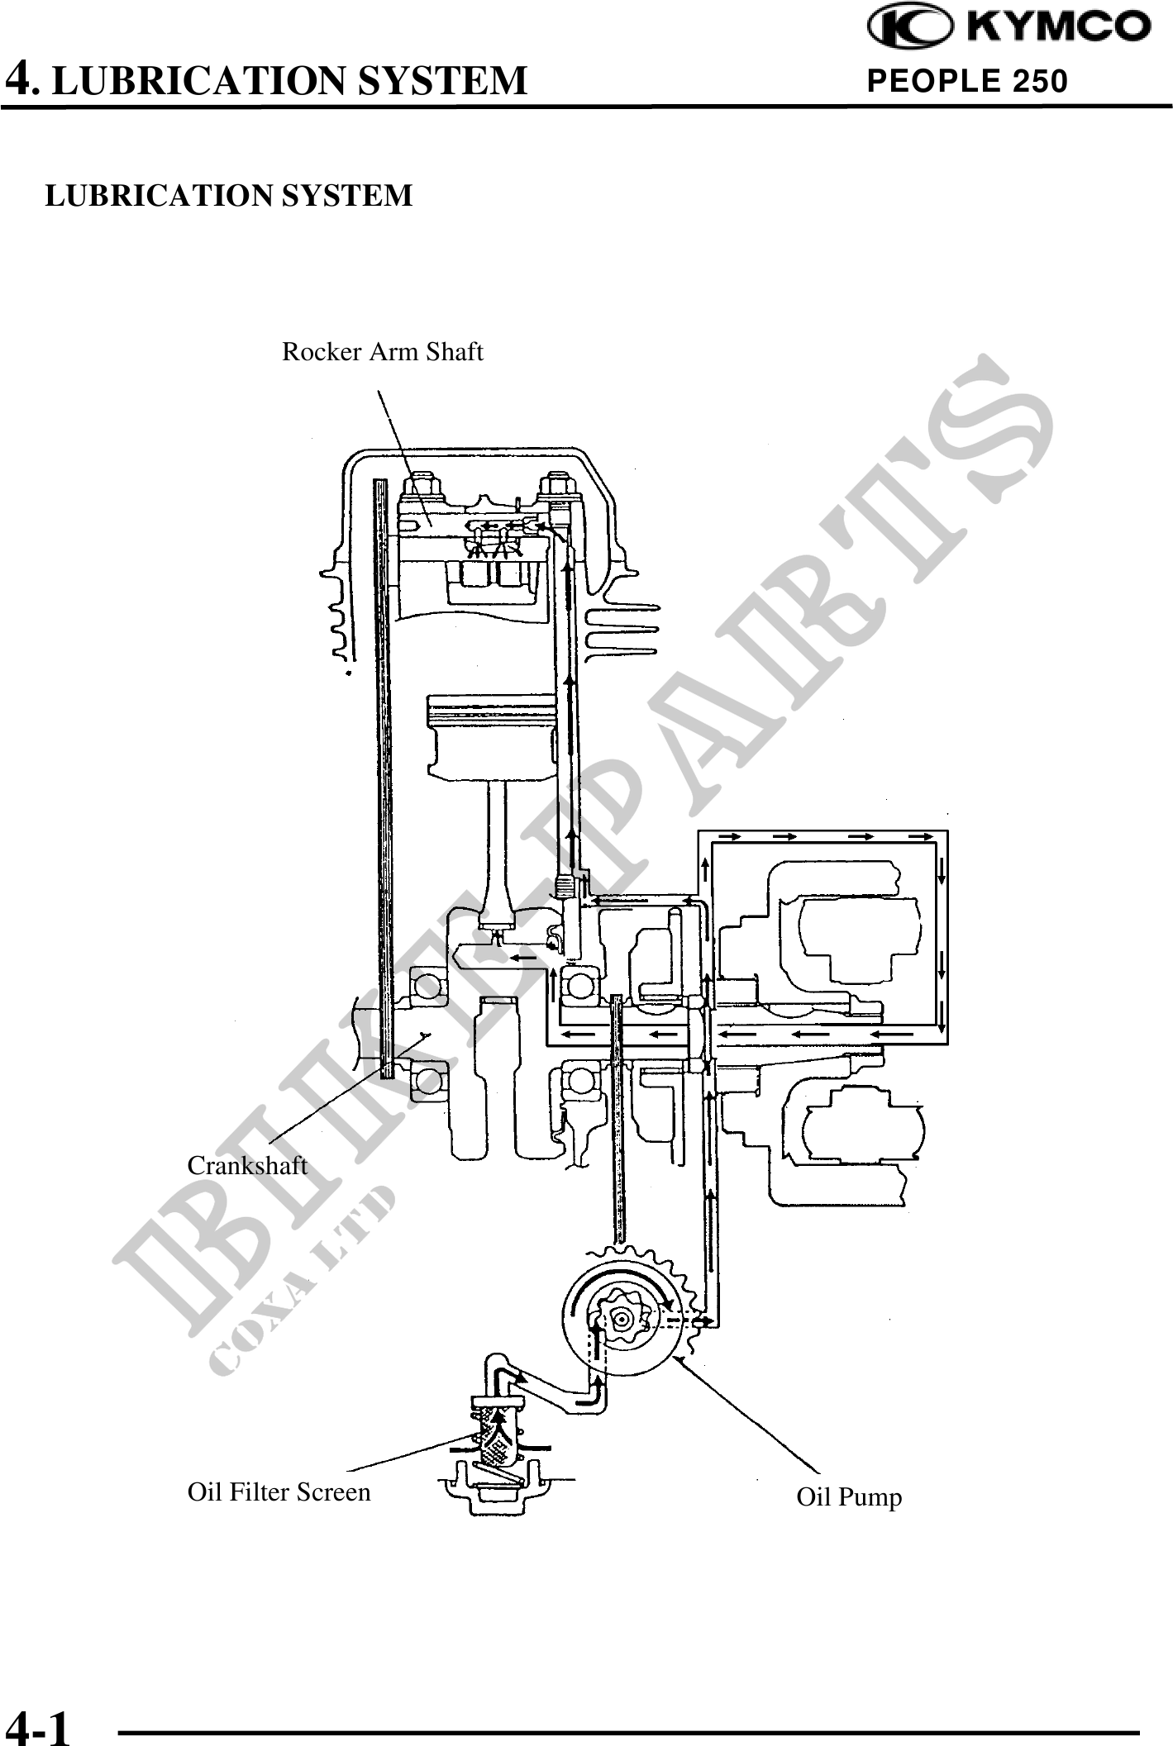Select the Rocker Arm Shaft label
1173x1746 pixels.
[x=383, y=352]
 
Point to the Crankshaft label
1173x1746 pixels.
[x=247, y=1165]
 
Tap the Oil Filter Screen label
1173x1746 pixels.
[x=279, y=1491]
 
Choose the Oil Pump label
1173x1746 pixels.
[x=849, y=1497]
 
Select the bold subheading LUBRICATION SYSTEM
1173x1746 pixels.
[x=228, y=196]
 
